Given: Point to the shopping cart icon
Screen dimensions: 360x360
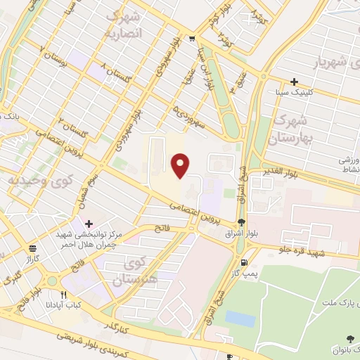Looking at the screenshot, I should coord(193,39).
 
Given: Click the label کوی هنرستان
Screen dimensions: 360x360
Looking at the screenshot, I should coord(139,272).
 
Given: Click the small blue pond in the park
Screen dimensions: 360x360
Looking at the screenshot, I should coord(240,319).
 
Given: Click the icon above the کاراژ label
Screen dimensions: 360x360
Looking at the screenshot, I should coord(32,248).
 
